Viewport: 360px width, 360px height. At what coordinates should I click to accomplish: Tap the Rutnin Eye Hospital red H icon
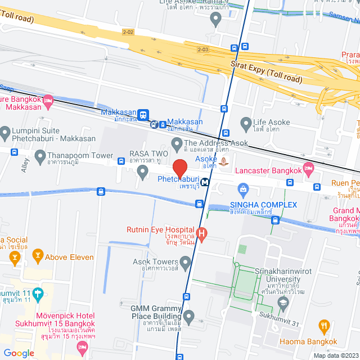[201, 232]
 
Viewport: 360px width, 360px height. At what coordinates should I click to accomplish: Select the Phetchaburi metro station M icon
[206, 182]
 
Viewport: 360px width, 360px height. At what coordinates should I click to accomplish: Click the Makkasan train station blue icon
[144, 114]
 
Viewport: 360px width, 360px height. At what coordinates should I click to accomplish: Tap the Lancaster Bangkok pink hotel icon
[308, 168]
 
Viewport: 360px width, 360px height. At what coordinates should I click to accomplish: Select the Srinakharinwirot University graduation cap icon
[283, 304]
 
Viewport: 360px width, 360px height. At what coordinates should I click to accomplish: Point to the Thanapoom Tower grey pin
[39, 155]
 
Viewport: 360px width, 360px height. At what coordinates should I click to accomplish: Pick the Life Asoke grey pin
[245, 122]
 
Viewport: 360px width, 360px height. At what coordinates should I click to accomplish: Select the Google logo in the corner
[19, 353]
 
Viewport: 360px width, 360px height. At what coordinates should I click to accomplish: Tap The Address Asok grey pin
[176, 144]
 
